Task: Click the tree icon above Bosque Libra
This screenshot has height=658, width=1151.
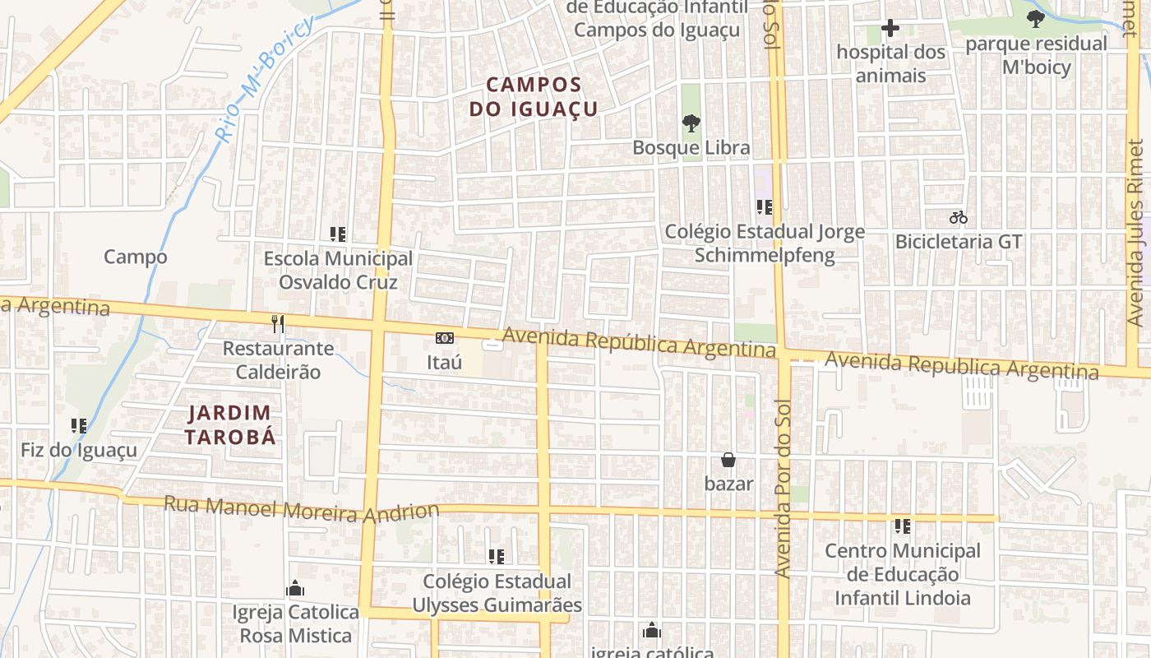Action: click(691, 124)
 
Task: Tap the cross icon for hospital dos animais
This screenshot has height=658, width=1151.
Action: click(890, 29)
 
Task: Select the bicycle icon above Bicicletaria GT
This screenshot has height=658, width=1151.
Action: click(958, 218)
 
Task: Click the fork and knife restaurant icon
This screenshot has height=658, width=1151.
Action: click(278, 324)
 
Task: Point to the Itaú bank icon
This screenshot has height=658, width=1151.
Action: click(444, 338)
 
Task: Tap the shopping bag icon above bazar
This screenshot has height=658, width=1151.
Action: click(728, 460)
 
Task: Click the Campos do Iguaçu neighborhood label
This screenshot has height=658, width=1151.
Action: click(534, 96)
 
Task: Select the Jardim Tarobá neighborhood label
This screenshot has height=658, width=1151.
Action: click(230, 424)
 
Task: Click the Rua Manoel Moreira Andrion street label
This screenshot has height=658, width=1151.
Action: click(302, 508)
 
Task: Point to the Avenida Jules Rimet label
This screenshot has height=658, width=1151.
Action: click(1135, 233)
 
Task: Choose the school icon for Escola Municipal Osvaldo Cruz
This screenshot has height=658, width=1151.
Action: click(337, 234)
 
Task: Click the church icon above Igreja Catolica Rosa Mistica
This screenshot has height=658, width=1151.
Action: click(294, 589)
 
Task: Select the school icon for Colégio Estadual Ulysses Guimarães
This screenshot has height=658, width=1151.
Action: click(496, 557)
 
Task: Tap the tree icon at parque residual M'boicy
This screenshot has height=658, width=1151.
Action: click(1035, 19)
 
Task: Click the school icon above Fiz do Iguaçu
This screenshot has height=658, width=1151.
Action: click(79, 426)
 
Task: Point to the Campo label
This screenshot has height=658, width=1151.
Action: click(135, 257)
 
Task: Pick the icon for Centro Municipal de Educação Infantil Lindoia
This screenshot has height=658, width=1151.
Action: click(903, 526)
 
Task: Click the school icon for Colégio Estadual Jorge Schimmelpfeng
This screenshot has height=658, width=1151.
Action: click(764, 207)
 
